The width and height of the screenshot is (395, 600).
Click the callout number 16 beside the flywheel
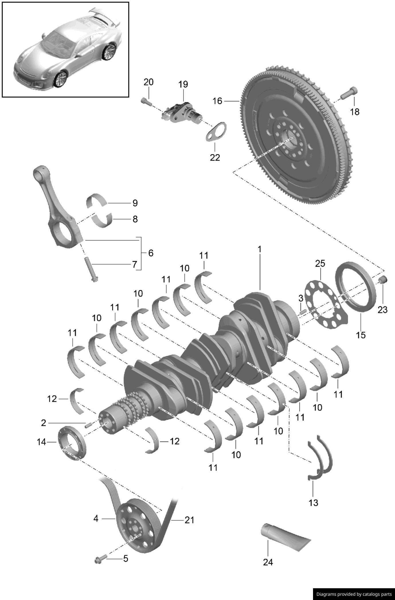217,101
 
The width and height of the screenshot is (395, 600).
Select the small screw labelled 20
146,101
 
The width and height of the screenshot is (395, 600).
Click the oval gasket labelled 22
216,132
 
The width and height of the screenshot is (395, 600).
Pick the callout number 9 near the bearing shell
135,203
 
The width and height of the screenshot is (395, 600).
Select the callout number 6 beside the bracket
151,253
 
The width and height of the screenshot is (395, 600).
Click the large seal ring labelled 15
355,287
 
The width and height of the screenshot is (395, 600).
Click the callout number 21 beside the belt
189,520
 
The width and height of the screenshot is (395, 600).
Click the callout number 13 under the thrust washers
313,502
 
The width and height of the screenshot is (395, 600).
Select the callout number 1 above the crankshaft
259,249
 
